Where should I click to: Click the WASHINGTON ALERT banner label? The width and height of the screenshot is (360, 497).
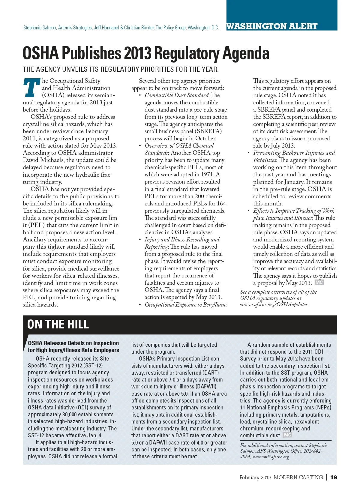pyautogui.click(x=272, y=26)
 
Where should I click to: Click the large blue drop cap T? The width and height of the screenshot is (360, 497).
pyautogui.click(x=31, y=88)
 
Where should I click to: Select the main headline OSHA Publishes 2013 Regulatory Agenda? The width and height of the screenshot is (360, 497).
pyautogui.click(x=146, y=53)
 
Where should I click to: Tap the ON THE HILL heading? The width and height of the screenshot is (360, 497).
pyautogui.click(x=58, y=324)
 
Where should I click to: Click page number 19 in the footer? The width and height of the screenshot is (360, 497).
pyautogui.click(x=334, y=477)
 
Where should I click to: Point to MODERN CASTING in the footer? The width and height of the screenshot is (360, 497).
pyautogui.click(x=298, y=477)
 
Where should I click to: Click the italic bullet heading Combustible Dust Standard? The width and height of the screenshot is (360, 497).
pyautogui.click(x=176, y=95)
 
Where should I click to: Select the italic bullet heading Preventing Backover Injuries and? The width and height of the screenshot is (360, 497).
pyautogui.click(x=294, y=153)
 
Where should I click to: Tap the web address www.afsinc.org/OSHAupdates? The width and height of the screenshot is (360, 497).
pyautogui.click(x=274, y=304)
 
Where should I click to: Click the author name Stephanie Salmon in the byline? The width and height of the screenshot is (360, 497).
pyautogui.click(x=40, y=28)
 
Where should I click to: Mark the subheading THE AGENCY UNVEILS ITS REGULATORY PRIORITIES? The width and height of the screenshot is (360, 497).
pyautogui.click(x=121, y=69)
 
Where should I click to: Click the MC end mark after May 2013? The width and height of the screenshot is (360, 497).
pyautogui.click(x=319, y=282)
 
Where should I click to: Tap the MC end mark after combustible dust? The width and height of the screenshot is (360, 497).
pyautogui.click(x=287, y=435)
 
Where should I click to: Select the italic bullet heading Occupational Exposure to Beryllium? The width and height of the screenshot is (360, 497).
pyautogui.click(x=185, y=304)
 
